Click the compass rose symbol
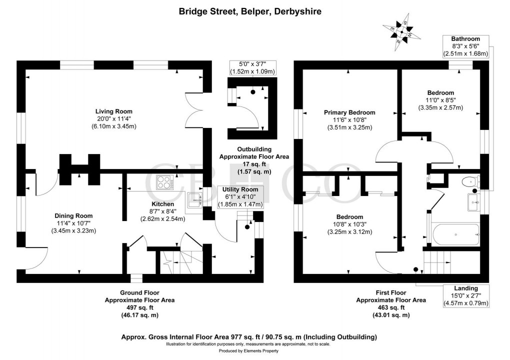point(401,30)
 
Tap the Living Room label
point(114,111)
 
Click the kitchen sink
point(194,199)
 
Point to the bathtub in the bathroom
point(455,233)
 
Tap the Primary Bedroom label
point(349,112)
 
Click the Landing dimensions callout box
point(465,295)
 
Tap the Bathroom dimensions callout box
point(465,46)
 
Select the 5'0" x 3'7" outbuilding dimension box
point(252,67)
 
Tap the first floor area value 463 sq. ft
point(390,307)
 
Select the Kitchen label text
point(162,204)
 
